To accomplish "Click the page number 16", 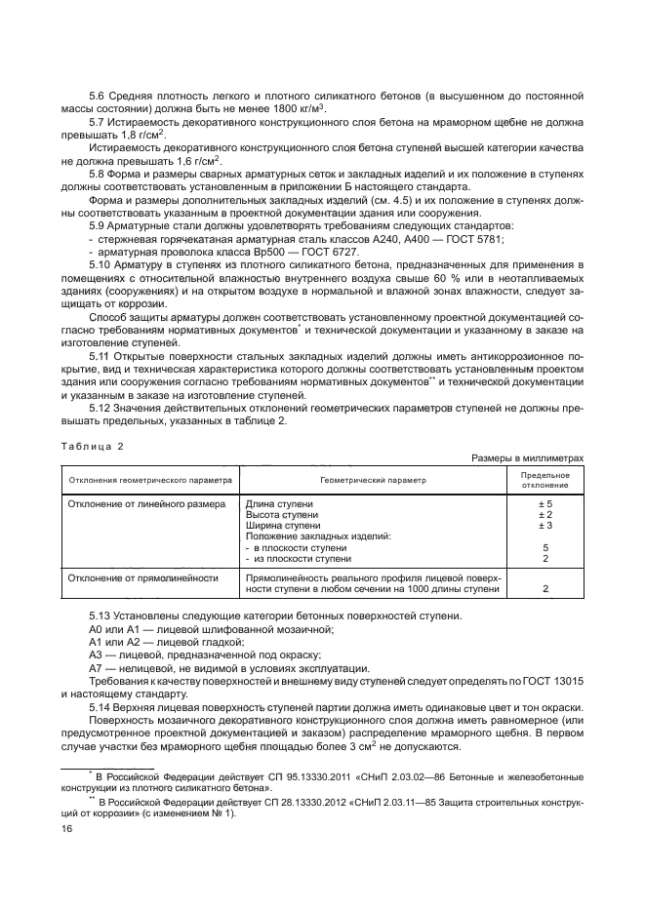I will click(x=67, y=828).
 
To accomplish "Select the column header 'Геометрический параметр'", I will click(x=372, y=480).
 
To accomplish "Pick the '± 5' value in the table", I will click(x=545, y=503).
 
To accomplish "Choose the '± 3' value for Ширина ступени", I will click(x=545, y=526).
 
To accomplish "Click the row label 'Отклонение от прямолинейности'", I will click(x=141, y=577).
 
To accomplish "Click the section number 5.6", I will click(x=99, y=96).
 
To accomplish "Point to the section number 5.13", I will click(x=101, y=617).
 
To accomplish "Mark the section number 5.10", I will click(x=101, y=264).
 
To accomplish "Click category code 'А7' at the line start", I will click(x=96, y=668).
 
